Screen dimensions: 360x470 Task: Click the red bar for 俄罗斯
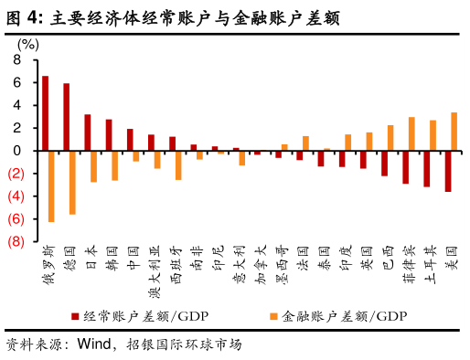[x=46, y=113]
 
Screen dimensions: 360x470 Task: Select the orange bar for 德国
[x=73, y=182]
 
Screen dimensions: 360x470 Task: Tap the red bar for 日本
[x=88, y=132]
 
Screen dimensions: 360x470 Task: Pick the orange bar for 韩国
[x=115, y=165]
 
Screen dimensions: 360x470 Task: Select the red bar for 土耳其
[x=426, y=169]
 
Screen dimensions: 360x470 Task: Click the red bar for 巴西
[x=384, y=164]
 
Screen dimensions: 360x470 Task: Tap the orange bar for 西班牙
[x=178, y=165]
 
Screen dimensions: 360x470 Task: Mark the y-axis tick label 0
[x=17, y=151]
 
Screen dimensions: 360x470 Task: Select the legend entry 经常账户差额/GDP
[x=134, y=315]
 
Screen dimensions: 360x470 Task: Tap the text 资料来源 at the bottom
[x=38, y=344]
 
